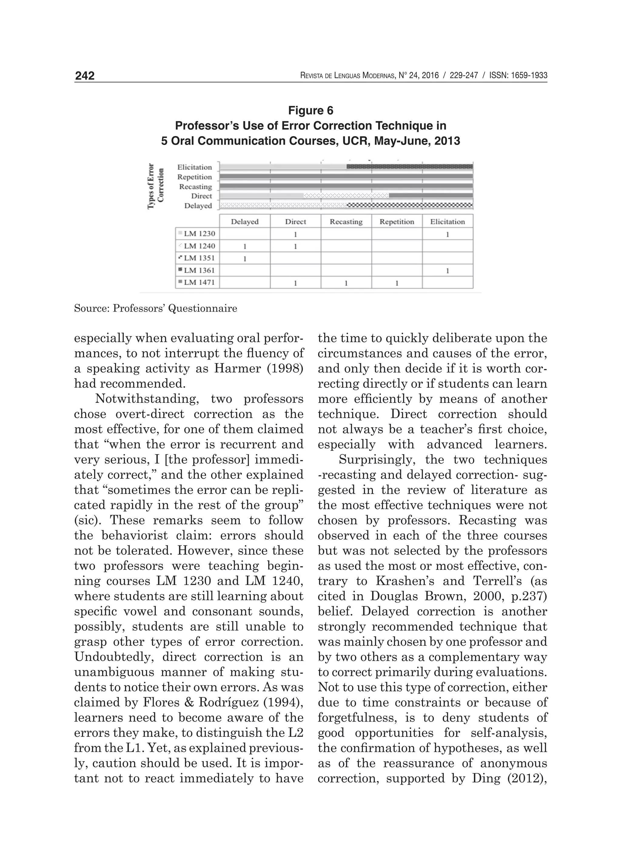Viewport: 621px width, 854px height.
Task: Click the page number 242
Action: click(85, 76)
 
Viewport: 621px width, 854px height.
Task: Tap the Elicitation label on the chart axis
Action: click(194, 167)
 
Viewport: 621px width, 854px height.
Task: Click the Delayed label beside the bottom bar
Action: click(198, 206)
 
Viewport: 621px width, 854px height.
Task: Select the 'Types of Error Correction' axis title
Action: click(156, 186)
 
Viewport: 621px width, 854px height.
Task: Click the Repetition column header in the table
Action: click(397, 222)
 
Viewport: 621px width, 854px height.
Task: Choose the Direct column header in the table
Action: click(295, 222)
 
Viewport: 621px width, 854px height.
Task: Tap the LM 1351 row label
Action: click(199, 258)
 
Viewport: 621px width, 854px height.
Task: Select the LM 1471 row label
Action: click(199, 282)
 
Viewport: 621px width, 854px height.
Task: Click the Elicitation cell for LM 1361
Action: click(447, 270)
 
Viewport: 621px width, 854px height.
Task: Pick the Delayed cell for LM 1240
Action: click(244, 246)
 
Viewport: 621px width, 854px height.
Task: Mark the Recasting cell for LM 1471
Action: click(346, 283)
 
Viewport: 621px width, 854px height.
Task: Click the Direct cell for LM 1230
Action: click(295, 234)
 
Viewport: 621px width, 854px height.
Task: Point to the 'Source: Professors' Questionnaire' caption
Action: click(156, 308)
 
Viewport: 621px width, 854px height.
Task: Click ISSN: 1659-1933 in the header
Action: click(518, 76)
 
